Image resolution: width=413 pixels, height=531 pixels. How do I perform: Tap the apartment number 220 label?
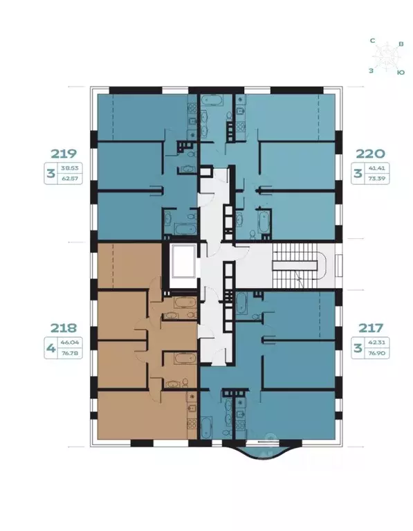368,154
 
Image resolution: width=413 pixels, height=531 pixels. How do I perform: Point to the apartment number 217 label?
368,327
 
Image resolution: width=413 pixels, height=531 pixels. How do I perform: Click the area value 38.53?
69,168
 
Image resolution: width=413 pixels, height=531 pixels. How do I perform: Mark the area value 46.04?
69,342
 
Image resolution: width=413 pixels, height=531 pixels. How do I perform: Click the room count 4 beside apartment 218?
50,347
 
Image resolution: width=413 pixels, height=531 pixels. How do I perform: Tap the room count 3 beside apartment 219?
50,173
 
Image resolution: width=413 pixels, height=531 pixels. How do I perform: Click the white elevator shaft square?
182,264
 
